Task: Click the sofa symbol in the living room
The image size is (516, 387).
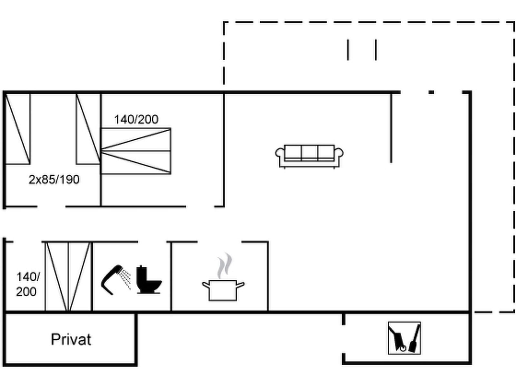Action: (309, 156)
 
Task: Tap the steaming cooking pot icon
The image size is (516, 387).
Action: (223, 281)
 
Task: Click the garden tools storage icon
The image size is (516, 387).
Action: (404, 338)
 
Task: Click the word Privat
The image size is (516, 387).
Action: (71, 340)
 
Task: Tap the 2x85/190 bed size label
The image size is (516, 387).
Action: (54, 180)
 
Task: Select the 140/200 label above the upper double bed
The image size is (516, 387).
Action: (136, 120)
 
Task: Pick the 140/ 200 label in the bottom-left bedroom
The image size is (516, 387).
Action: (27, 284)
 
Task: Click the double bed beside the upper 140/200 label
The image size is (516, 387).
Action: (136, 151)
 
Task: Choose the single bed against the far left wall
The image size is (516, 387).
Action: (18, 129)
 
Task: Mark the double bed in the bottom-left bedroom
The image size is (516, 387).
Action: (68, 277)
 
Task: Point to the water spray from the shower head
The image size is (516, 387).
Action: (126, 277)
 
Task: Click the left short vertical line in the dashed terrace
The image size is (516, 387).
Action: (348, 50)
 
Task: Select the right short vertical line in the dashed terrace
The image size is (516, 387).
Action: (376, 50)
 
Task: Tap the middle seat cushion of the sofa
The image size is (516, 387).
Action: (309, 152)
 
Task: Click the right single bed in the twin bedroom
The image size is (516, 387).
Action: (88, 129)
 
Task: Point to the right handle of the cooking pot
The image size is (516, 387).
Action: (241, 284)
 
